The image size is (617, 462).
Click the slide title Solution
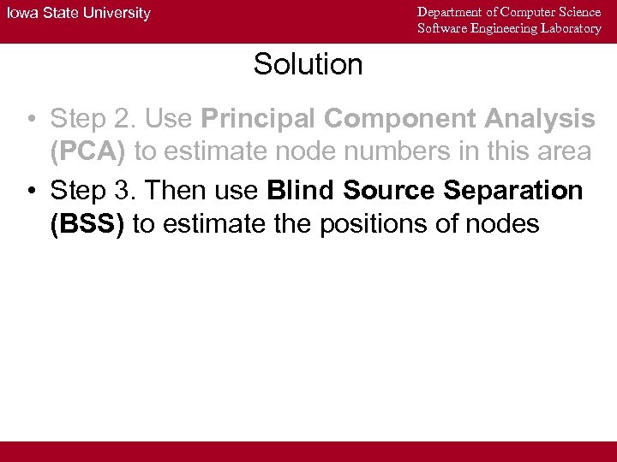pos(308,64)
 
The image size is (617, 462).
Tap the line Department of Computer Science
pos(509,12)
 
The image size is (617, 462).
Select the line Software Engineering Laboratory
pos(509,28)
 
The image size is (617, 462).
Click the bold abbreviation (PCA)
pos(87,153)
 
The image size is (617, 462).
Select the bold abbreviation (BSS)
pos(87,224)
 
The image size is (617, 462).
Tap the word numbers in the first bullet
pos(378,153)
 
